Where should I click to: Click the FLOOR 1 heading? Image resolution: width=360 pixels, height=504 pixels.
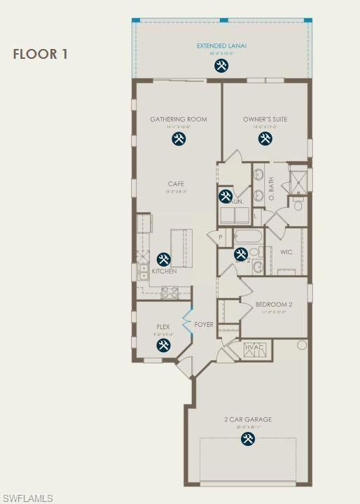pos(40,54)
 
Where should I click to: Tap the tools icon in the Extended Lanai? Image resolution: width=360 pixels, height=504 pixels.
pos(221,66)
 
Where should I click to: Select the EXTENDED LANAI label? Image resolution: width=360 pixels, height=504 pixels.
pos(221,46)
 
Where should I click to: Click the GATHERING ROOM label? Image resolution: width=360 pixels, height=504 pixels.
pos(179,119)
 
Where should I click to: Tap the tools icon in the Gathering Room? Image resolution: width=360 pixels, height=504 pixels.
pos(179,139)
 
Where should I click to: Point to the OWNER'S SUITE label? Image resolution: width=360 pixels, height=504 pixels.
pos(265,119)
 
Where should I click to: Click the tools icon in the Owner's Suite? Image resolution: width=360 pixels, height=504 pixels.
pos(265,139)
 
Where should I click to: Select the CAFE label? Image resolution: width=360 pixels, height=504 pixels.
pos(176,183)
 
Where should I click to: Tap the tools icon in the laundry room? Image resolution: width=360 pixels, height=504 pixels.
pos(226,197)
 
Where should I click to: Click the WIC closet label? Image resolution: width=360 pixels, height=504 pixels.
pos(286,251)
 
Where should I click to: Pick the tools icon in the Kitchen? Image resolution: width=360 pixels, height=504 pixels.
pos(163,259)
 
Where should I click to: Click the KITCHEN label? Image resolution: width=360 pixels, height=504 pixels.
pos(165,272)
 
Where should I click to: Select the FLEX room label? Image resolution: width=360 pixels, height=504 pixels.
pos(163,327)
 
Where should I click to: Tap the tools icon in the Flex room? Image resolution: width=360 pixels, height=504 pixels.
pos(163,345)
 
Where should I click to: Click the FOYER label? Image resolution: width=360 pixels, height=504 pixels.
pos(204,324)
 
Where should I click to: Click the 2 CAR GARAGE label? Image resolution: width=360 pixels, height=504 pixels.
pos(248,420)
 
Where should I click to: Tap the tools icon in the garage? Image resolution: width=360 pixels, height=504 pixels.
pos(248,439)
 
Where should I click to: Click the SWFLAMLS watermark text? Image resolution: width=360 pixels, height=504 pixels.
pos(27,498)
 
